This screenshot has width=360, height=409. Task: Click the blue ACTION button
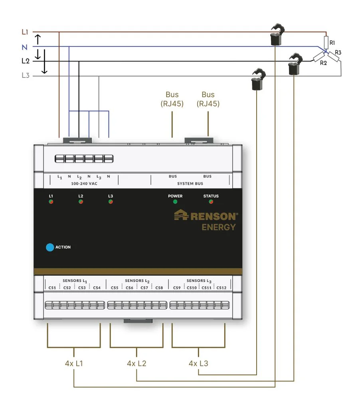[50, 247]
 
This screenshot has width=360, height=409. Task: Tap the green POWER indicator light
[175, 202]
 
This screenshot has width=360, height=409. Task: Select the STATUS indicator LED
[211, 202]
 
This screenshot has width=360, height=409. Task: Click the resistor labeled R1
[326, 42]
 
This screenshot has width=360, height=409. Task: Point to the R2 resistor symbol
[318, 57]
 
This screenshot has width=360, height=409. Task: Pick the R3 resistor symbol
[333, 57]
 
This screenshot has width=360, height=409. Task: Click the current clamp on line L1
[277, 34]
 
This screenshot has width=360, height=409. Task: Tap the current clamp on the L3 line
[258, 79]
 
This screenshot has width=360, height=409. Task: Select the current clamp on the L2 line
[295, 64]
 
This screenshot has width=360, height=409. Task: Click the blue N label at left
[24, 47]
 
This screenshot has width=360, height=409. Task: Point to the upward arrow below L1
[38, 40]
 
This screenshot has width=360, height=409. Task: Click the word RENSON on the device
[214, 216]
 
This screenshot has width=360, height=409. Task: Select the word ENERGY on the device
[218, 227]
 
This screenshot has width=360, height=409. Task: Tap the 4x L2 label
[136, 363]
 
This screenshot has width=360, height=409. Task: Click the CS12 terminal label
[222, 288]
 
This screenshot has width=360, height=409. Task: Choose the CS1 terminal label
[52, 288]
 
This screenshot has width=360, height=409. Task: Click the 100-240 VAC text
[84, 184]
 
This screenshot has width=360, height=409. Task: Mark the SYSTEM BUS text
[190, 184]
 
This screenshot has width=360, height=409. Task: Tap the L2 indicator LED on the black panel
[81, 202]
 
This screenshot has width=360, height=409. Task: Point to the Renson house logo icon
[181, 215]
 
